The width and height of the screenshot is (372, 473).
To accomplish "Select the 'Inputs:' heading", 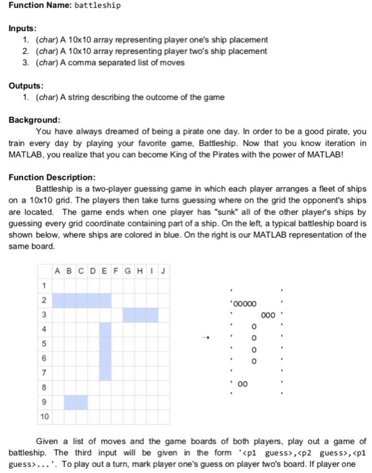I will point(23,28).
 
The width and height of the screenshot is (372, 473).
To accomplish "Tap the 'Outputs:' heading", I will point(26,86).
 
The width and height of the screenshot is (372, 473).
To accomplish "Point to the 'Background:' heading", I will point(34,119).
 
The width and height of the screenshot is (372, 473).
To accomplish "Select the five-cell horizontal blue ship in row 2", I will point(82,299).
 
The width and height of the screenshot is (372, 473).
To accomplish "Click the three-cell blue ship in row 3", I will point(141,314).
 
